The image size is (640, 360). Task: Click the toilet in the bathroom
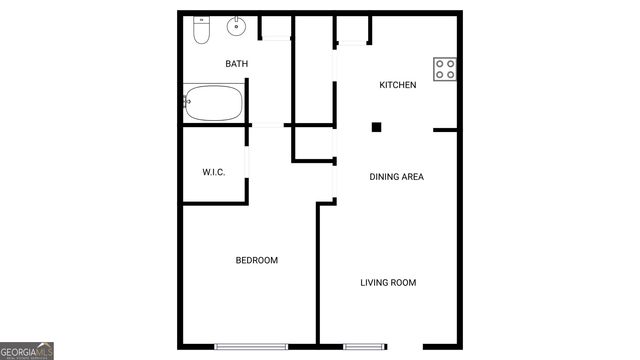click(x=199, y=32)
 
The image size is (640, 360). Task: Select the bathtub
click(x=213, y=101)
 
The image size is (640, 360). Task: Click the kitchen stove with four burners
click(x=446, y=68)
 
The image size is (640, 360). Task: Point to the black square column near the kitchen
click(x=377, y=127)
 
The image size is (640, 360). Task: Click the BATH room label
click(x=237, y=64)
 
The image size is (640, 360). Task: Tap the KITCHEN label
click(x=397, y=85)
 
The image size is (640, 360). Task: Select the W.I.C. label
click(x=214, y=172)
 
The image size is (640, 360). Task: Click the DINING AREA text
click(x=397, y=177)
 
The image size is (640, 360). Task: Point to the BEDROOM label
click(x=257, y=260)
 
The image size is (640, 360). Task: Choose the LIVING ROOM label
click(x=388, y=283)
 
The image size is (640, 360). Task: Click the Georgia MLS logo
click(x=27, y=351)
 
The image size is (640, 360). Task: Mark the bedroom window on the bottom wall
click(x=251, y=346)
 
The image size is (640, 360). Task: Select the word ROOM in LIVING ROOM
click(x=403, y=283)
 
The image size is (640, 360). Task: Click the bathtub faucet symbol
click(x=188, y=101)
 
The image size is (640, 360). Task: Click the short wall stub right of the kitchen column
click(x=445, y=129)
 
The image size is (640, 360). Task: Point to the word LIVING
click(x=374, y=283)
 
